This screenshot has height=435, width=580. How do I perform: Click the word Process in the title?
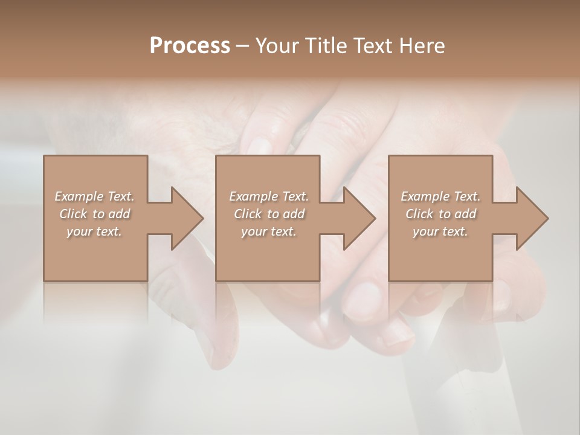(190, 46)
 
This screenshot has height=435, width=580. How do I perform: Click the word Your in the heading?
(279, 46)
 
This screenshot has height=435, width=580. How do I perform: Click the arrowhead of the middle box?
(359, 218)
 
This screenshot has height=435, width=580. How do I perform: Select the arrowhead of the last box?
(532, 218)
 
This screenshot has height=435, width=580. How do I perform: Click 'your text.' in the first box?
(94, 231)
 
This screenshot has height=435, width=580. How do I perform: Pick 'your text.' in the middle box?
(269, 231)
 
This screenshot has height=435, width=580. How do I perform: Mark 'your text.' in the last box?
(440, 231)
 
